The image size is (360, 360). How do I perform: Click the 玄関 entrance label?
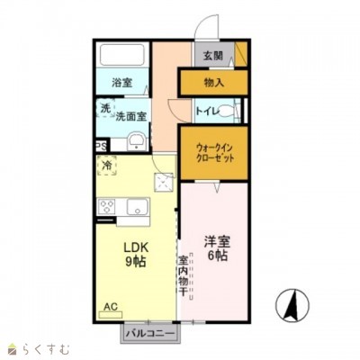212,56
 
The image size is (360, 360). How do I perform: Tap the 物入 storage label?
213,82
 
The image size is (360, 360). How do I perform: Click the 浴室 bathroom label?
121,82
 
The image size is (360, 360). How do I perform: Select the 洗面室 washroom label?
130,115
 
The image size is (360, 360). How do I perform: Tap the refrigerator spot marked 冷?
108,166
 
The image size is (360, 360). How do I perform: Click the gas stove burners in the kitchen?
107,208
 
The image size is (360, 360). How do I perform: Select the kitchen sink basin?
139,208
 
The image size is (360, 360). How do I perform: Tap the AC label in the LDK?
111,307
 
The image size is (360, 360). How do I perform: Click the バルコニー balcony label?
150,333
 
